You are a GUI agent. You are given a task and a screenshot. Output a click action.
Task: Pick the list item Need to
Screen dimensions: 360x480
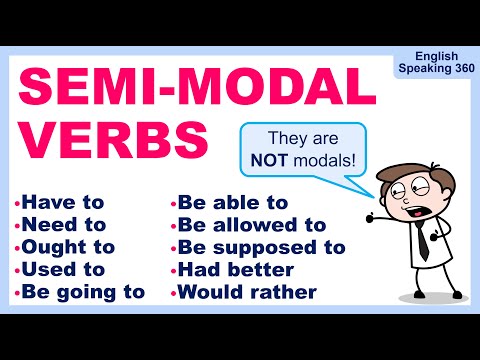tap(68, 225)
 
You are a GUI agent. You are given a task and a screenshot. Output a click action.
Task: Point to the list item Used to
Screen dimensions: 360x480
tap(66, 269)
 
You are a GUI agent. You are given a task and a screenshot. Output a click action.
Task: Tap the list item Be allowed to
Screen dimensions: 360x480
tap(253, 225)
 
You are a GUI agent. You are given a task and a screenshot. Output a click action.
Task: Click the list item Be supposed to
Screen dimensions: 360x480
tap(263, 247)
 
